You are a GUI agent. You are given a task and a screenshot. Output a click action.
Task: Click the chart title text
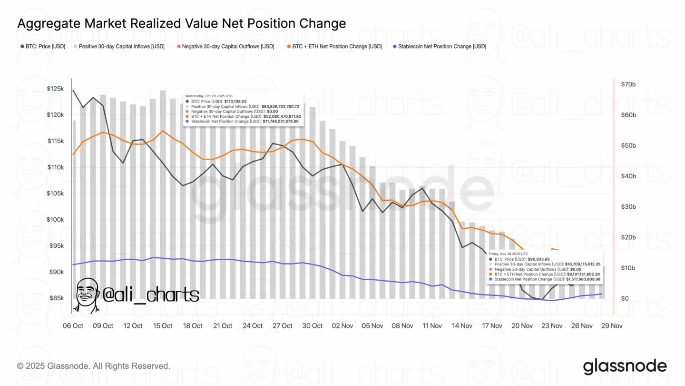coord(181,23)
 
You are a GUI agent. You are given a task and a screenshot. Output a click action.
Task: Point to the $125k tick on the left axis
coord(55,89)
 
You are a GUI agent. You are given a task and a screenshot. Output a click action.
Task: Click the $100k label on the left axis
coord(55,220)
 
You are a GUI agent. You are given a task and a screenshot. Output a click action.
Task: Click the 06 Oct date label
coord(73,326)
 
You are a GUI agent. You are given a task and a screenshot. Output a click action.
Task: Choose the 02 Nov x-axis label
coord(342,326)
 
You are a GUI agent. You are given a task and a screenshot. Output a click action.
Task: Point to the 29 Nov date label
coord(612,326)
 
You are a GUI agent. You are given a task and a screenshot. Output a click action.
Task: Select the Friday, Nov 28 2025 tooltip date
coord(508,254)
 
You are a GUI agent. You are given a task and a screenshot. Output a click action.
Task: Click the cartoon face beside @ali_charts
coord(88,295)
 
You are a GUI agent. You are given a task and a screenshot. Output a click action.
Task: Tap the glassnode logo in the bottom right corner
coord(625,366)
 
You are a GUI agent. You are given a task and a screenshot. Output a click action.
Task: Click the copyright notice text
coord(93,366)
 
